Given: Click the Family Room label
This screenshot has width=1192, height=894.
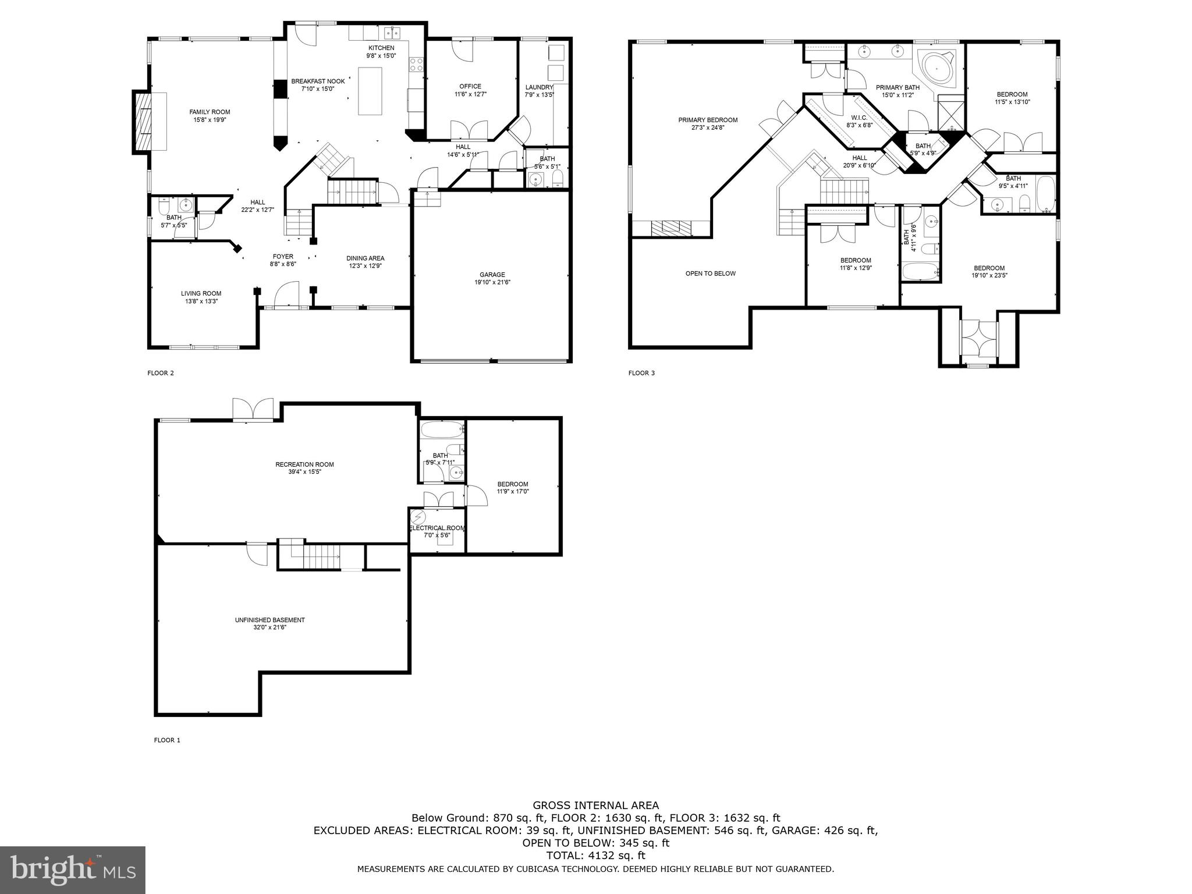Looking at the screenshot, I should tap(210, 112).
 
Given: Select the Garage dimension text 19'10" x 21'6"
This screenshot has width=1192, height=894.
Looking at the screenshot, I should tap(492, 282).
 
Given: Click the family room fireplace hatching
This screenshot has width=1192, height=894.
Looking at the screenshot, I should tap(143, 122).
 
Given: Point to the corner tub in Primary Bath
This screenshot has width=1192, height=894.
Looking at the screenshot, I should tap(937, 69).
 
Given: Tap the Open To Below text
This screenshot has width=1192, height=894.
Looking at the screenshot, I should tap(710, 274).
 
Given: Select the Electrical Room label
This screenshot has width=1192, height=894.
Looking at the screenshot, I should tap(437, 528).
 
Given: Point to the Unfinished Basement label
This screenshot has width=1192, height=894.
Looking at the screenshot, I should tap(269, 620).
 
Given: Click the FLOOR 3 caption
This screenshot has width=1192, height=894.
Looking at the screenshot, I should tap(641, 373).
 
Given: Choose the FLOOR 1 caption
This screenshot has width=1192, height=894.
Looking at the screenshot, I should tap(167, 740).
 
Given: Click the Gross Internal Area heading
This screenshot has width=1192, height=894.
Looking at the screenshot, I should tap(596, 806).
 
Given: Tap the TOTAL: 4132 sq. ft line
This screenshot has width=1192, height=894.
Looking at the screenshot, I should tap(596, 856).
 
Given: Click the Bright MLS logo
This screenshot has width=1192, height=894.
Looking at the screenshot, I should tap(73, 870).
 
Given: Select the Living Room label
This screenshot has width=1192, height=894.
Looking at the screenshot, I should tap(201, 293).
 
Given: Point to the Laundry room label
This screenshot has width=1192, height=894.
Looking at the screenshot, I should tap(539, 87).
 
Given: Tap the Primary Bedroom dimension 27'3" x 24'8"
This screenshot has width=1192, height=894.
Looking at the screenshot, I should tap(708, 127).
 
